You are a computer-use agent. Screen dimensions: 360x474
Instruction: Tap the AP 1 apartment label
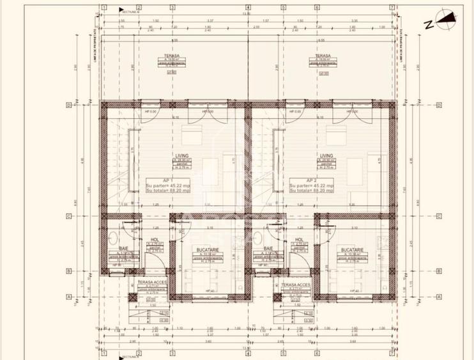pos(165,180)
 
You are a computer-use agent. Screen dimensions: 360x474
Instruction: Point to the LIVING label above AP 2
pos(326,155)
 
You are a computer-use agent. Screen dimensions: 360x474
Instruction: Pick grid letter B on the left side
pos(68,270)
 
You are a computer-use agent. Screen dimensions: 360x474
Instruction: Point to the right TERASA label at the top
pos(322,56)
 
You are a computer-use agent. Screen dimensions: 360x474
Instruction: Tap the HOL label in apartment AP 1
pos(154,240)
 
